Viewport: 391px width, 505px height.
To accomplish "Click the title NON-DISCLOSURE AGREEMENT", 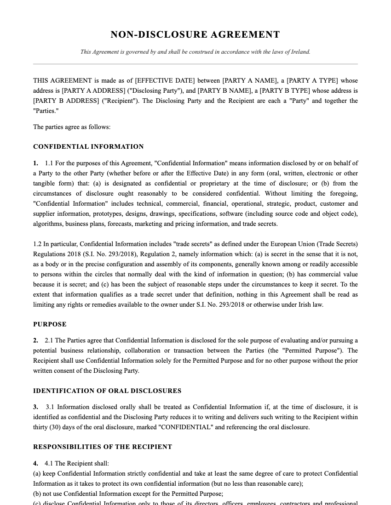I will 195,35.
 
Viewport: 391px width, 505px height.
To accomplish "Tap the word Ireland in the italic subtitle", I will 300,52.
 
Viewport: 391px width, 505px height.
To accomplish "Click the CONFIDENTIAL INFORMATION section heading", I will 88,147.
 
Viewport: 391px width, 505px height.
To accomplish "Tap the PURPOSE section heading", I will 50,325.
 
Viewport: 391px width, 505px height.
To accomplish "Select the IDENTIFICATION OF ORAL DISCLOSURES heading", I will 107,391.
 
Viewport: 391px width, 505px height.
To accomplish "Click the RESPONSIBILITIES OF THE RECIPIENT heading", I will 103,447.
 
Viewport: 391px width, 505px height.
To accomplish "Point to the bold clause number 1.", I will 35,163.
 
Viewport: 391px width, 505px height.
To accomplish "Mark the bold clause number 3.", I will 35,407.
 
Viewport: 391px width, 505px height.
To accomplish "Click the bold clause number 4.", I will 35,464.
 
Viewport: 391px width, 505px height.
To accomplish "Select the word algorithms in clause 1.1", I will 48,224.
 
